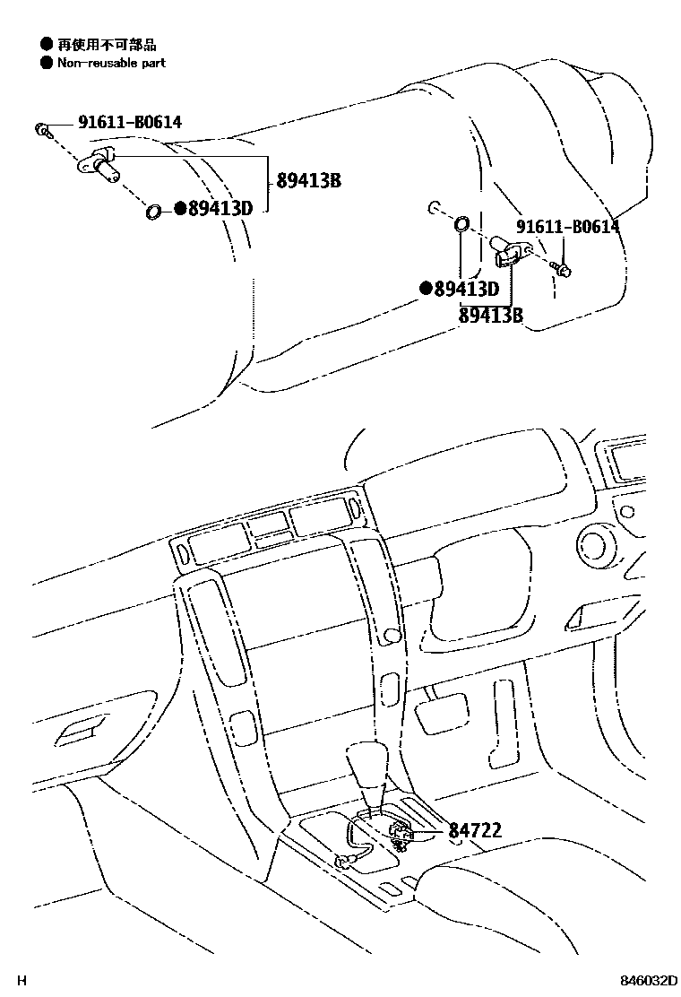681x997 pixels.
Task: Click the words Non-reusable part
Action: click(111, 63)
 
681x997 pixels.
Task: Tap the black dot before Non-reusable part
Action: click(46, 63)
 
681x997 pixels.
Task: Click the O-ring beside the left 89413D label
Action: click(153, 212)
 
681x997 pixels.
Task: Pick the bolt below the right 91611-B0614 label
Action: click(564, 267)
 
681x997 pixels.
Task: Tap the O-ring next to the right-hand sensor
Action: click(461, 222)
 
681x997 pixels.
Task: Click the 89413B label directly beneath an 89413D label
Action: click(490, 315)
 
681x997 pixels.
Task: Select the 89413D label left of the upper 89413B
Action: click(220, 209)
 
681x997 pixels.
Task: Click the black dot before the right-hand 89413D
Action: click(427, 289)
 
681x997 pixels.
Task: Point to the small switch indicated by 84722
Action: click(401, 835)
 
